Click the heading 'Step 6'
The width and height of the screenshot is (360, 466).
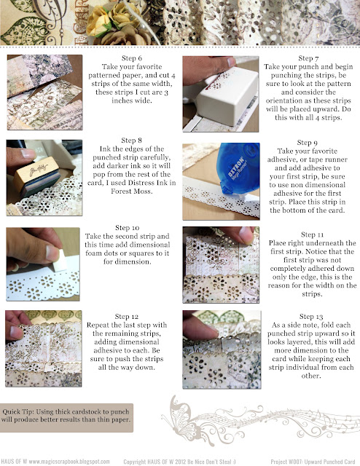point(131,58)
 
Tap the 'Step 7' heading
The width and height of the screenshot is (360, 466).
point(308,58)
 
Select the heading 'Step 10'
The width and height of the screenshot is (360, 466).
point(127,228)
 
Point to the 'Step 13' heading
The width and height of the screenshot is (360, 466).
point(311,317)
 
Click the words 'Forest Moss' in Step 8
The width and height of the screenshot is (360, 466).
point(131,191)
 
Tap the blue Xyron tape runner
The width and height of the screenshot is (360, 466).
point(238,167)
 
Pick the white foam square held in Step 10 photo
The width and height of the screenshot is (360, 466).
point(61,261)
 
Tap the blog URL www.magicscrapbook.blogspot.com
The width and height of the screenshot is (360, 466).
point(69,462)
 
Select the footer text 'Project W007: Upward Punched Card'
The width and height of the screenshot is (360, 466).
point(313,462)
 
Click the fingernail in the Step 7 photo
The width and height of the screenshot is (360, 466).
point(232,62)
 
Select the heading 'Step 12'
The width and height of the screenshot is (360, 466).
point(127,317)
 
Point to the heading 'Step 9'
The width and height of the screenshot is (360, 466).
point(307,143)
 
